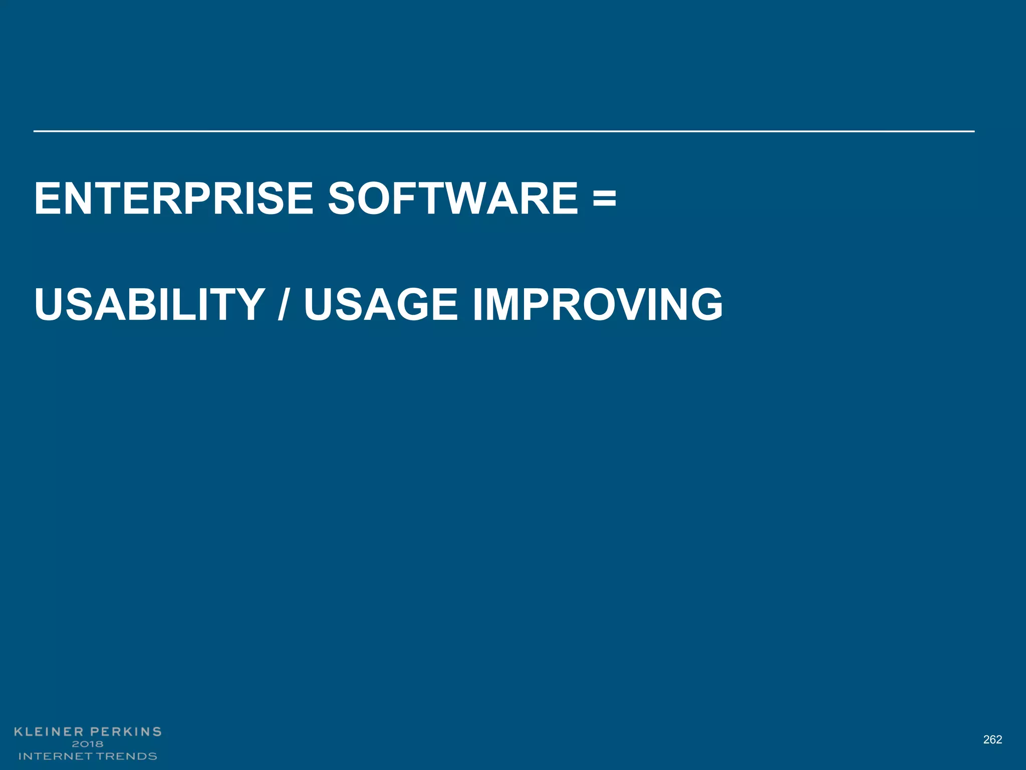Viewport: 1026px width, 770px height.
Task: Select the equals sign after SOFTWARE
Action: point(604,199)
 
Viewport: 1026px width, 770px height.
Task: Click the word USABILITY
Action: point(149,304)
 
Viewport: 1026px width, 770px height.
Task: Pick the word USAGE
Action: point(381,304)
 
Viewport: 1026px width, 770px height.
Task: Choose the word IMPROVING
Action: point(598,304)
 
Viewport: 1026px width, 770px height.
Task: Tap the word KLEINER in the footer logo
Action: point(49,731)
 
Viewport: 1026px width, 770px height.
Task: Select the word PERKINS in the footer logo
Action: point(126,731)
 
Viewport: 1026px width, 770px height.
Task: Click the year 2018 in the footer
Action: point(88,744)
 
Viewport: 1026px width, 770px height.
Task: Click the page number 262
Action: point(992,739)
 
